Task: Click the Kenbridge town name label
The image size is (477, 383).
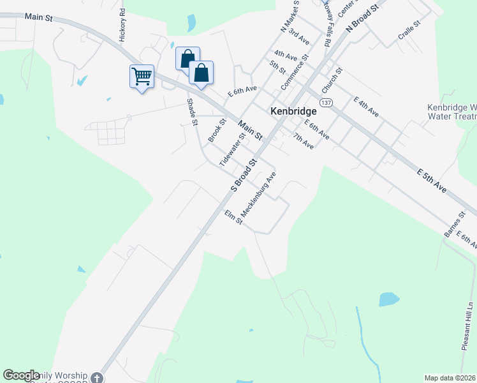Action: (294, 110)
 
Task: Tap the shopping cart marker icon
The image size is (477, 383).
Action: (142, 77)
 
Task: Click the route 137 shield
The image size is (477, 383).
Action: (327, 103)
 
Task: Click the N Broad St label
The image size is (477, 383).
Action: (362, 17)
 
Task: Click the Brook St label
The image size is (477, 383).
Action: (217, 130)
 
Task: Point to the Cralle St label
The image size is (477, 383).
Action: (409, 30)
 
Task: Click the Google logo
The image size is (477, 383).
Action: (21, 375)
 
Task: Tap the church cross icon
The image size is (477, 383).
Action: (96, 378)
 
